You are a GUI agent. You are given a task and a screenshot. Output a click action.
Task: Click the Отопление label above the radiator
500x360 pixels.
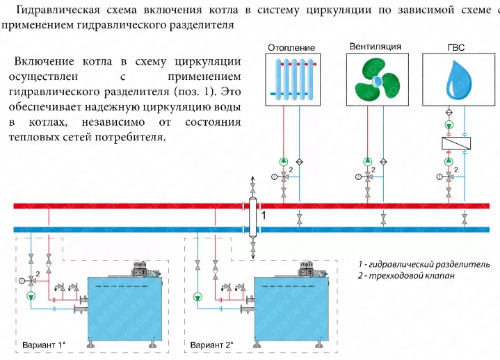(291, 48)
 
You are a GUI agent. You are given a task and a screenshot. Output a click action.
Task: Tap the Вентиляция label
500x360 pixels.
(376, 47)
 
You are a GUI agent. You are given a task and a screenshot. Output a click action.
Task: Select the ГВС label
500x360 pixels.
(456, 47)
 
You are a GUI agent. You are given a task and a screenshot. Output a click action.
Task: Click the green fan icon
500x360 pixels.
(377, 80)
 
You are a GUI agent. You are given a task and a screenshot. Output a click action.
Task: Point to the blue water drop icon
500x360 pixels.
(458, 80)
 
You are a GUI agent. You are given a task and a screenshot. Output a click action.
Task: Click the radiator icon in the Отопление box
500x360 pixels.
(293, 80)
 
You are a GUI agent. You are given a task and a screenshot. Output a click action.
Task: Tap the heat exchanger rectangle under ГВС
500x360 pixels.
(456, 143)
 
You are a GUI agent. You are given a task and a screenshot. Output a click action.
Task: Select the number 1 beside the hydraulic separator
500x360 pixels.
(264, 215)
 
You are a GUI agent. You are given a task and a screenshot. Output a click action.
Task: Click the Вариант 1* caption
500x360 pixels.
(44, 345)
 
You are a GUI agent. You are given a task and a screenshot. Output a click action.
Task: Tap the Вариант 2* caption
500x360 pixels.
(211, 345)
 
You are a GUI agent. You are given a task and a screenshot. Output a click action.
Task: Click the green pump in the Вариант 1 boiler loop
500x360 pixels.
(31, 297)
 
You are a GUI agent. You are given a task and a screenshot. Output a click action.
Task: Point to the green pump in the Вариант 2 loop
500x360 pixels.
(197, 297)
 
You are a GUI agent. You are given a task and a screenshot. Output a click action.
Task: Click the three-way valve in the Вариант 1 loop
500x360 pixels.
(31, 281)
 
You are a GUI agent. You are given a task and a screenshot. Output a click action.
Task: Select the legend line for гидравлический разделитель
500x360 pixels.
(424, 264)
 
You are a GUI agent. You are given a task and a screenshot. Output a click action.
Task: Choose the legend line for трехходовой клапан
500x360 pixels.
(406, 276)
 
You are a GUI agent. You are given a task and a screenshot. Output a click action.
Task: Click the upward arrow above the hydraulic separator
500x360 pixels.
(253, 180)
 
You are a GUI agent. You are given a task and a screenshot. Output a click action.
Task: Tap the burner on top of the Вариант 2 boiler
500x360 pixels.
(309, 270)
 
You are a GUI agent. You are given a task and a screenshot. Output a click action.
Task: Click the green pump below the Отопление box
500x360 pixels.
(284, 161)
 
